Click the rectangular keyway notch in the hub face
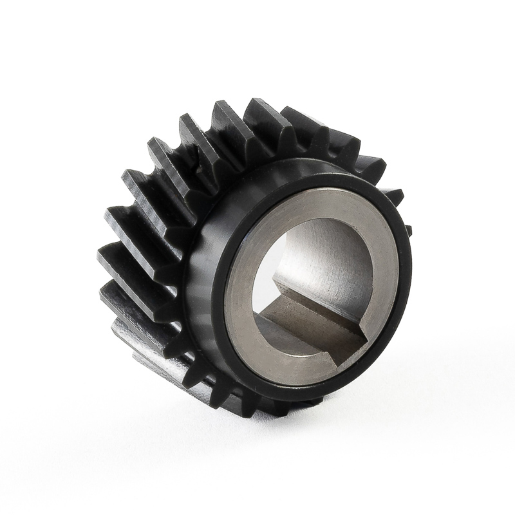(315, 315)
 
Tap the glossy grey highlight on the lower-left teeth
(129, 322)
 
